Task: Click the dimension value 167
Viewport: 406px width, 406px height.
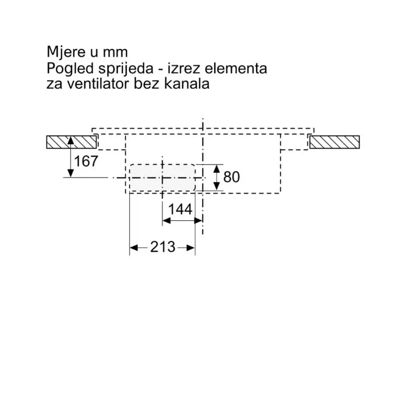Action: (86, 161)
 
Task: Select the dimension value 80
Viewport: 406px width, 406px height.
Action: (231, 177)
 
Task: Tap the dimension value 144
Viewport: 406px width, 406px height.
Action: (180, 209)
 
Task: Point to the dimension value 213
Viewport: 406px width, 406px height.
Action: (162, 247)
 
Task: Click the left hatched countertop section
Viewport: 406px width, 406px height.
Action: (70, 142)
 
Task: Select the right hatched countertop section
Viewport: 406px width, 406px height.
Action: (334, 142)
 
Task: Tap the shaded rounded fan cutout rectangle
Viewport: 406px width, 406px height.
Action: (162, 178)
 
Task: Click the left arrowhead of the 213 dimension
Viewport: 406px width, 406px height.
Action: (133, 248)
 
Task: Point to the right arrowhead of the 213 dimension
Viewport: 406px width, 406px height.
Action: (191, 248)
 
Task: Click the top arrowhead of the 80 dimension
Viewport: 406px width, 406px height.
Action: (217, 168)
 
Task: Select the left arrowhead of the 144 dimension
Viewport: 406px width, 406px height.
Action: (165, 221)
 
